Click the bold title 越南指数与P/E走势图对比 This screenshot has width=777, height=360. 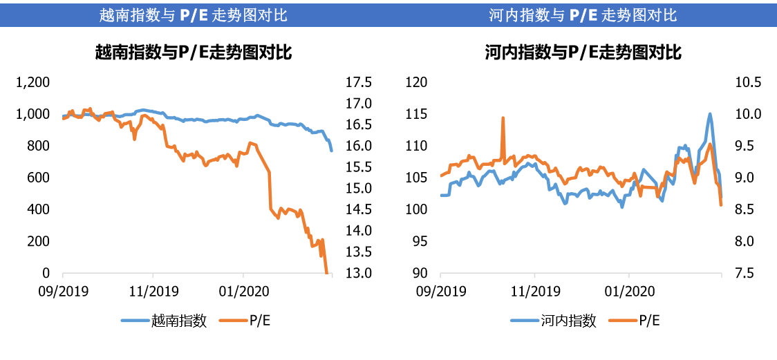pos(193,52)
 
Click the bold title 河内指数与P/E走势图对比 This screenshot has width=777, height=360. pos(583,52)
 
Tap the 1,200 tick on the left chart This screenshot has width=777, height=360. pos(34,83)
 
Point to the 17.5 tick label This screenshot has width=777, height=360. pos(357,83)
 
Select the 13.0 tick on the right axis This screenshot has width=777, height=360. pos(357,273)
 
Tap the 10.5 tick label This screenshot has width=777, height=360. pos(747,83)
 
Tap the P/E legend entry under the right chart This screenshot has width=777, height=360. pos(649,321)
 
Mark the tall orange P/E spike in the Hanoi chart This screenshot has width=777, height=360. pos(503,118)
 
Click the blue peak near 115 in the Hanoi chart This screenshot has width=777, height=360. pos(710,115)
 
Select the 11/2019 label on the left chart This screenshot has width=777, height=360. pos(153,290)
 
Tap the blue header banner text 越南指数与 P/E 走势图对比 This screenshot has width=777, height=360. pos(193,15)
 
